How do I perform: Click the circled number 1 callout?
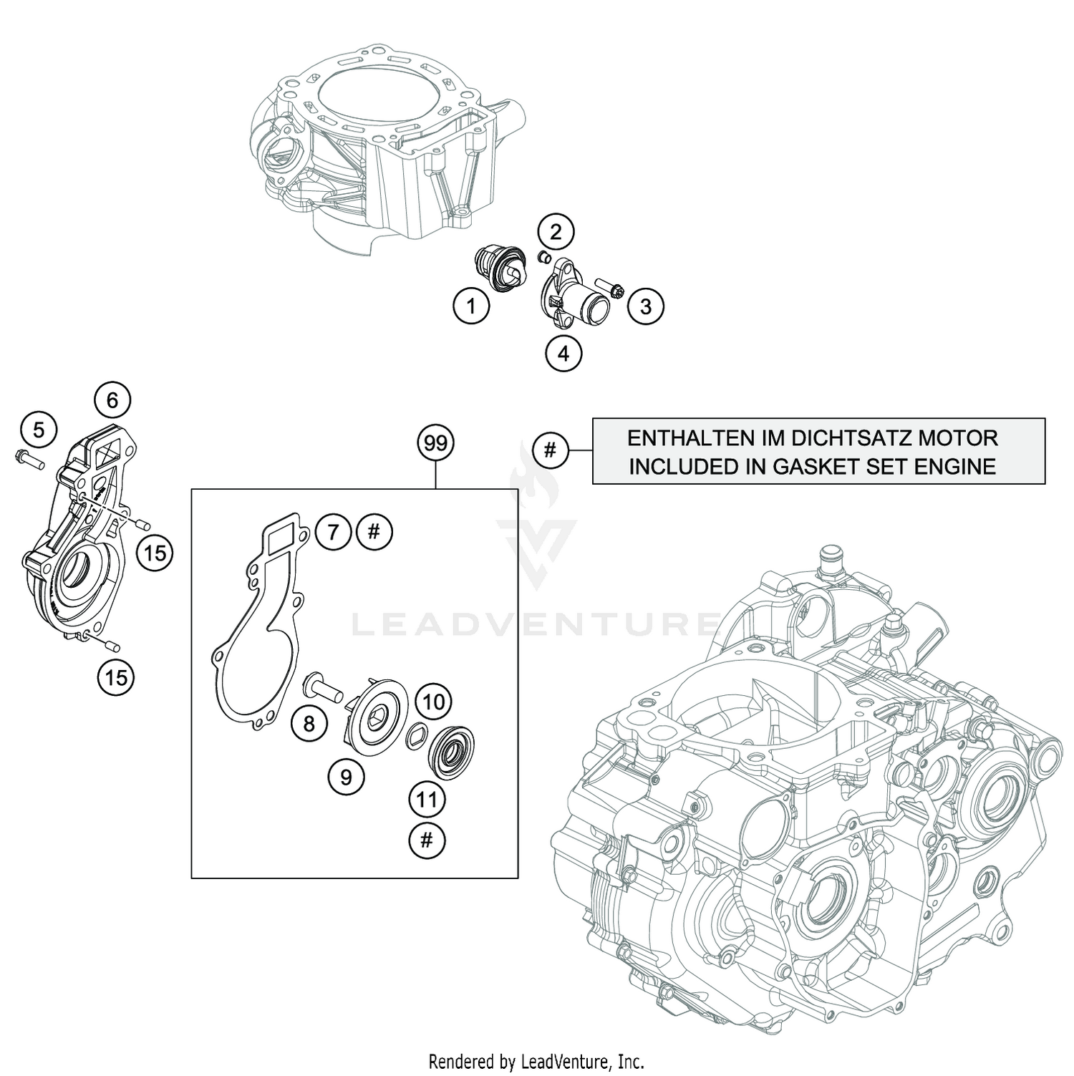tap(471, 307)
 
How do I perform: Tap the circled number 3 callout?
tap(646, 306)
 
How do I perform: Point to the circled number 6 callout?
tap(112, 399)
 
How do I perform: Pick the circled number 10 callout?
tap(434, 702)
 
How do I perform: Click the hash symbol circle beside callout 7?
tap(374, 531)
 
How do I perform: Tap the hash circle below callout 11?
tap(427, 840)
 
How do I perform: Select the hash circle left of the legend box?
tap(550, 450)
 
